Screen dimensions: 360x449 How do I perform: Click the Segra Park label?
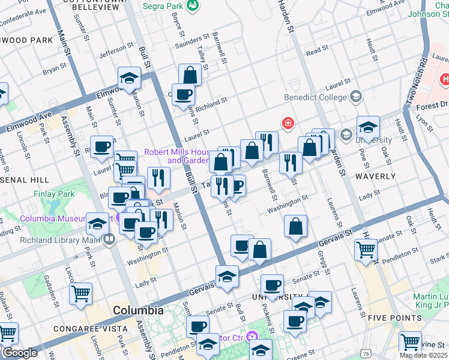point(164,7)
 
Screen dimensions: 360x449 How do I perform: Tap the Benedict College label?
point(316,97)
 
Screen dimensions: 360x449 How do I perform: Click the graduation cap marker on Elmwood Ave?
point(129,78)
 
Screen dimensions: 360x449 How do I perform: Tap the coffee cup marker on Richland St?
point(185,94)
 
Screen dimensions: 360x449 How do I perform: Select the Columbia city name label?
point(138,311)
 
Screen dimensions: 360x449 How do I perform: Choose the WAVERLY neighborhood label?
point(375,176)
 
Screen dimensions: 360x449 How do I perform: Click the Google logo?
point(19,353)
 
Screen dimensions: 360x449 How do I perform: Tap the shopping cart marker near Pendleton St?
point(366,249)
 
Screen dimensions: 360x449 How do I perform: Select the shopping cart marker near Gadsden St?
point(80,294)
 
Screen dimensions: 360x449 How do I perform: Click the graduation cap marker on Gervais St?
point(227,277)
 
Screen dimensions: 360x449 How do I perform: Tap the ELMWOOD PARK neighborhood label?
point(27,40)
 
